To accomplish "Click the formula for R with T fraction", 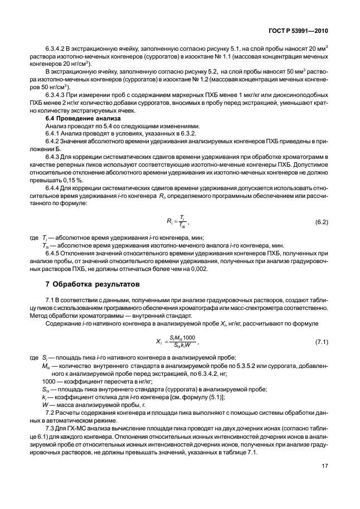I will pos(179,222).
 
